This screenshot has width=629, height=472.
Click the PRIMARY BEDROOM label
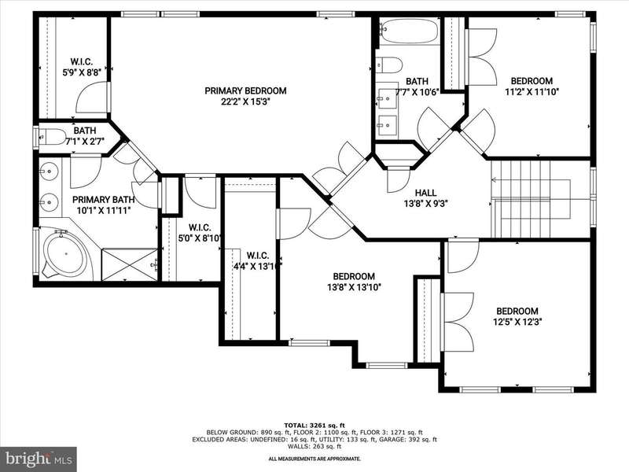point(245,90)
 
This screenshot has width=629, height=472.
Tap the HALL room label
point(425,193)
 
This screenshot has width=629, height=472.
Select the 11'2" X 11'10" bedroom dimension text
point(532,91)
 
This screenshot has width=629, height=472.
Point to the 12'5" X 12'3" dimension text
point(517,322)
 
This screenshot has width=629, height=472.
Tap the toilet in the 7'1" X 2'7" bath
point(52,136)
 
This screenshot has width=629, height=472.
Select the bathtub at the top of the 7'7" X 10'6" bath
point(409,31)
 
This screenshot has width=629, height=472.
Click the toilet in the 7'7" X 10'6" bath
point(388,65)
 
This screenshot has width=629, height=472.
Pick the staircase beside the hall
point(531,199)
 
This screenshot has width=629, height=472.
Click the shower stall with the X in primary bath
point(129,265)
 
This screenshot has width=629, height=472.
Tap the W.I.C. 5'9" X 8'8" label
point(82,67)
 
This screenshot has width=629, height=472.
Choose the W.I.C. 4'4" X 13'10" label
point(258,260)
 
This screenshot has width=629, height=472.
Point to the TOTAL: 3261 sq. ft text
point(314,425)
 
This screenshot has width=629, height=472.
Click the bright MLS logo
point(39,459)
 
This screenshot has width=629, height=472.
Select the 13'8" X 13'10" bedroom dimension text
point(355,287)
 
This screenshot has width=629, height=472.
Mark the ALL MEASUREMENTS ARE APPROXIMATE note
point(314,459)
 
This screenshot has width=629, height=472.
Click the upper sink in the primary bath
point(50,171)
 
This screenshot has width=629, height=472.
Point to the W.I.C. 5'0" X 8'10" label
point(200,233)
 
